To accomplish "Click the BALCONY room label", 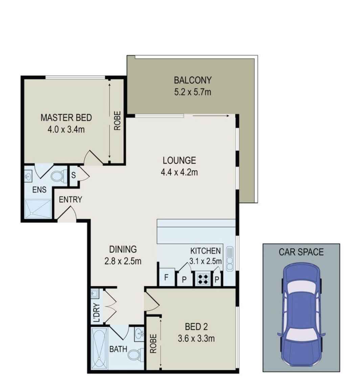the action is click(x=193, y=80).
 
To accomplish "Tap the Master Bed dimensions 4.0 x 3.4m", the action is click(x=66, y=129).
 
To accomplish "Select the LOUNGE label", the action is click(x=179, y=160).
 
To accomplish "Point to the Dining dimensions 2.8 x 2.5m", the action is click(x=123, y=261).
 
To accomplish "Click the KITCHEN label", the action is click(x=205, y=251).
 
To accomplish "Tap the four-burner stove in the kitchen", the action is click(x=203, y=279).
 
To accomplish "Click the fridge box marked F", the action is click(x=166, y=277).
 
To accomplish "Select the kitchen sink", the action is click(x=229, y=258).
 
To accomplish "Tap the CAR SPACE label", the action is click(x=301, y=252).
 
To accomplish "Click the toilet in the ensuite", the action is click(x=59, y=176).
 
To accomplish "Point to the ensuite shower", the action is click(x=38, y=209).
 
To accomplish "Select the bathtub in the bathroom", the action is click(x=99, y=348).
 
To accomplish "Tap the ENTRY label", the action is click(x=70, y=200).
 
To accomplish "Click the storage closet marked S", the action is click(x=74, y=176).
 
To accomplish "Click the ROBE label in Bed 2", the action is click(x=153, y=344).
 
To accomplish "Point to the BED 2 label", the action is click(x=196, y=327).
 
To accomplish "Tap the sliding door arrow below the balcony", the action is click(x=211, y=116).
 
